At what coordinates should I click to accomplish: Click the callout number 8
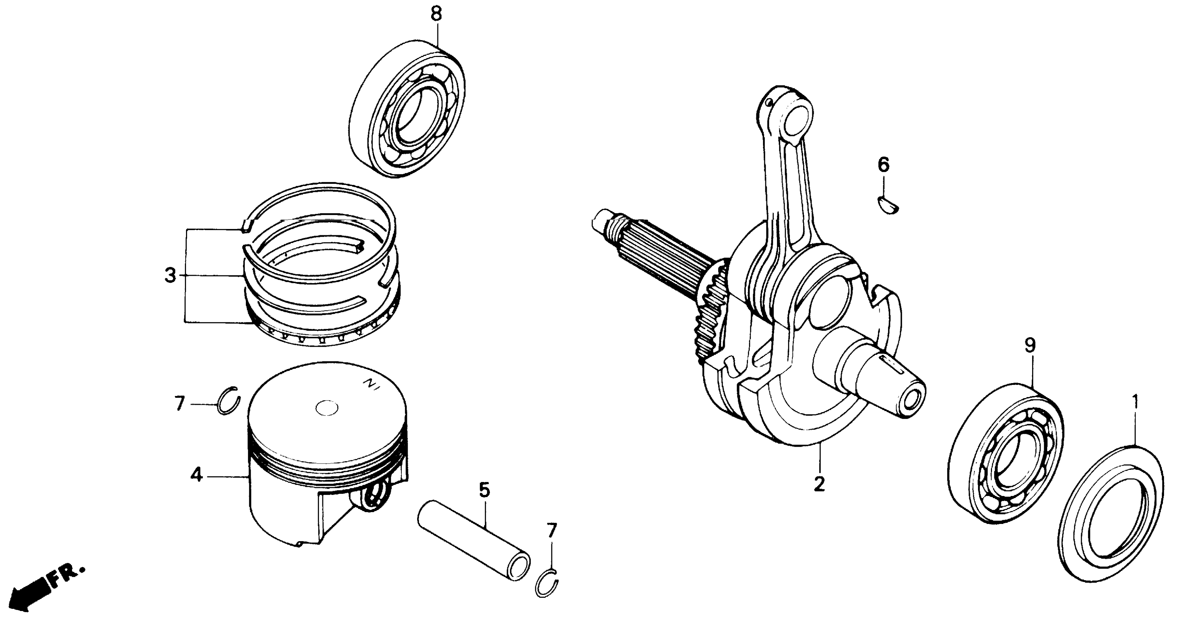436,14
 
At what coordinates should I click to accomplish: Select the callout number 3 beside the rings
170,276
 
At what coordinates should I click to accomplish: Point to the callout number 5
484,490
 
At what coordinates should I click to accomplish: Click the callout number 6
884,164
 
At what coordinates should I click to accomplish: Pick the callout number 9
1030,346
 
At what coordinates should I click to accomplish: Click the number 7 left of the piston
179,404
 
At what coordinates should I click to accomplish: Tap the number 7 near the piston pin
552,531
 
